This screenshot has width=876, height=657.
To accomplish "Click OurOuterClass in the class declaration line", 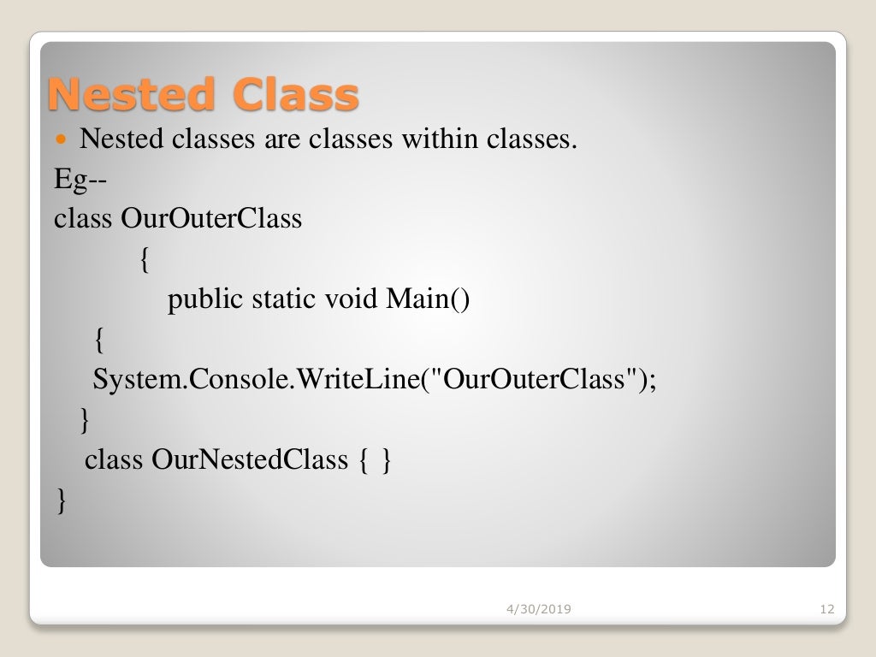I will click(x=211, y=219).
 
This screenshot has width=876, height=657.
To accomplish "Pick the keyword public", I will click(x=205, y=299).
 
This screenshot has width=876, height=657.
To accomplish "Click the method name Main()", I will click(x=428, y=299).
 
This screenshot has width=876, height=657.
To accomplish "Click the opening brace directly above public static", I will click(x=143, y=260).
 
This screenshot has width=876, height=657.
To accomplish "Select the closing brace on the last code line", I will click(x=60, y=500).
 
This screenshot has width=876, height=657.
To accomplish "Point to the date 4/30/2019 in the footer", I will click(x=539, y=609).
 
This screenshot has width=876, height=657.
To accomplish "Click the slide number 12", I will click(x=826, y=609).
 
